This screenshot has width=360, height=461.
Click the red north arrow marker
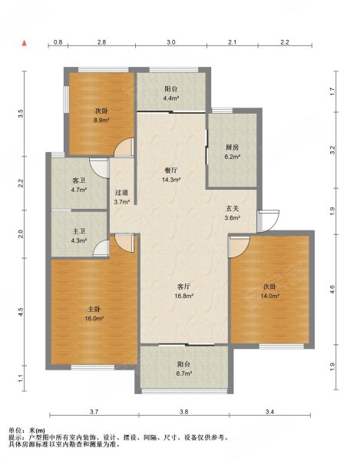click(x=25, y=43)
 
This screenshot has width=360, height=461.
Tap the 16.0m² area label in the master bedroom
click(x=94, y=318)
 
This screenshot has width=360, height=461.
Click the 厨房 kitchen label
click(x=233, y=148)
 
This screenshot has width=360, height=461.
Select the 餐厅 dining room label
click(x=170, y=171)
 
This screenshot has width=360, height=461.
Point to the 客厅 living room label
click(x=184, y=287)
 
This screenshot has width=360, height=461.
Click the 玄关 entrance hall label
click(x=233, y=208)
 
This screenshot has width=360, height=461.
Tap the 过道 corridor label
click(x=121, y=193)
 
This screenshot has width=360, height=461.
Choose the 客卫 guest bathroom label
click(x=79, y=181)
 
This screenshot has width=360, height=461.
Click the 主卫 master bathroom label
click(x=79, y=231)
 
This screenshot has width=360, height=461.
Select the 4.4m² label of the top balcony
click(x=171, y=98)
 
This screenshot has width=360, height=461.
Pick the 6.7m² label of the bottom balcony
click(x=184, y=373)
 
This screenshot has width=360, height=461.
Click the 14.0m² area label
click(x=269, y=296)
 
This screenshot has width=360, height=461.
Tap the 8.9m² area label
click(x=101, y=120)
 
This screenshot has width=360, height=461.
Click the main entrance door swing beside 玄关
click(x=268, y=221)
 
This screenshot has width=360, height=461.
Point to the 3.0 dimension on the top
click(x=171, y=42)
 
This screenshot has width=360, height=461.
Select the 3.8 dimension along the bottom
click(x=183, y=412)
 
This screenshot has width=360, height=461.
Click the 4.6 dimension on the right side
click(x=332, y=290)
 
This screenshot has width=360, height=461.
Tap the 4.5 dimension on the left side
click(x=21, y=312)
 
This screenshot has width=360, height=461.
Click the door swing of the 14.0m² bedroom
click(x=239, y=247)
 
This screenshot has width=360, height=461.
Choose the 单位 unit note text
click(x=15, y=431)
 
